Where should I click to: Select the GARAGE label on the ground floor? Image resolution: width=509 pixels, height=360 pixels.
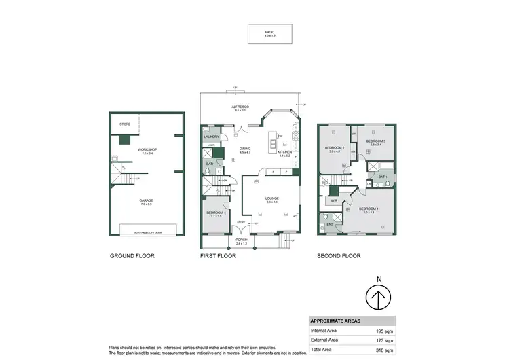point(147,201)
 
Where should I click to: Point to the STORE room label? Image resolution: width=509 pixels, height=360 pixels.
point(125,124)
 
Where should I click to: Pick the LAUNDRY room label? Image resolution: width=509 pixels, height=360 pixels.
point(211,137)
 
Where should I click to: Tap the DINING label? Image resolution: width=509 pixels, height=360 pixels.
point(245,150)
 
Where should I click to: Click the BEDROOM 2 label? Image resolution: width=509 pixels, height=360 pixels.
point(335,149)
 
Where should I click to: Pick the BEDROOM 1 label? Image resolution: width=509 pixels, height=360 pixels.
point(369,209)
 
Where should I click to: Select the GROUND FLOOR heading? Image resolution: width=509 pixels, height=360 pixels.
point(132,257)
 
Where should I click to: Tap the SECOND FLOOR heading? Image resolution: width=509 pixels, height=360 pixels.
point(339,257)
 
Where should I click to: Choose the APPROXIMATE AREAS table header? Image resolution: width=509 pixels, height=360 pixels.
point(335,321)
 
